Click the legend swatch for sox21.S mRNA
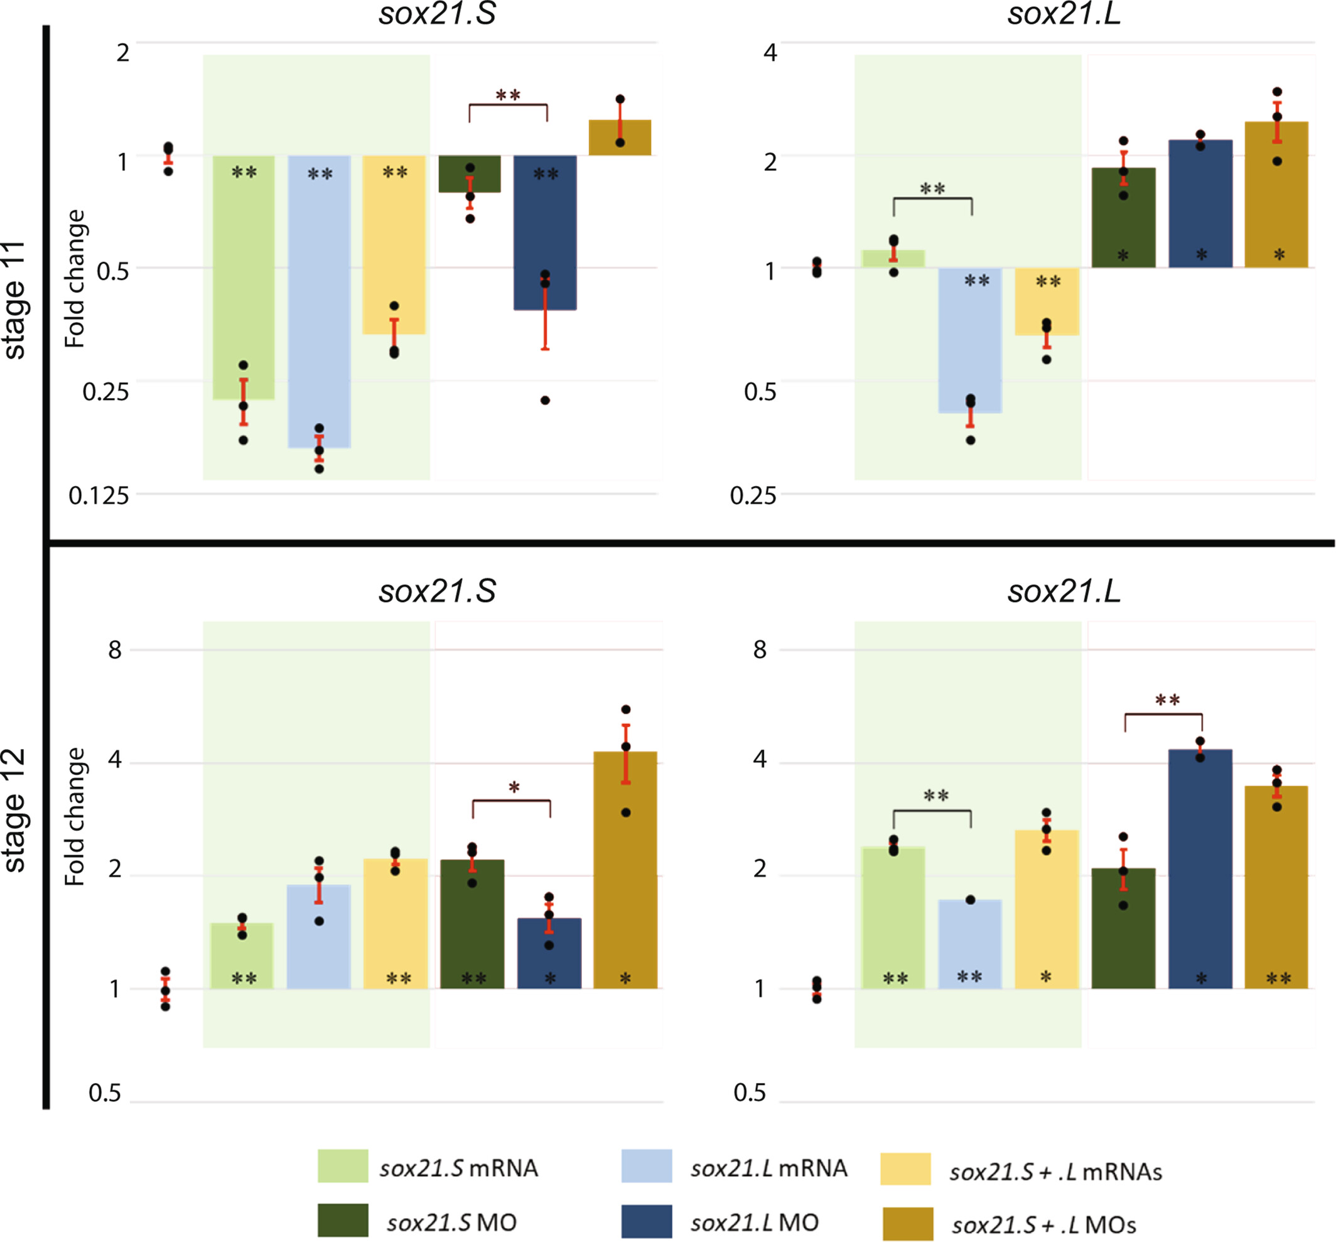tap(343, 1165)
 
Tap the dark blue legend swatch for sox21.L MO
tap(647, 1221)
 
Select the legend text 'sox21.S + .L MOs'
tap(1043, 1225)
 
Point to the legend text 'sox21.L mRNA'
tap(769, 1168)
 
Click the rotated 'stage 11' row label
tap(15, 300)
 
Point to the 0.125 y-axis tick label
tap(99, 495)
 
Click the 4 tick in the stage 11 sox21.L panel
tap(770, 51)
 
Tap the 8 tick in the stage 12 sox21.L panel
tap(760, 649)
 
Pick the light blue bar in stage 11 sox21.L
tap(970, 340)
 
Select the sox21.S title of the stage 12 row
tap(437, 591)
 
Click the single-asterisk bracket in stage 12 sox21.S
tap(512, 800)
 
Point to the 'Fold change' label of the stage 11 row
tap(75, 278)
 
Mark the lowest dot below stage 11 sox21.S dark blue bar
tap(545, 401)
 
